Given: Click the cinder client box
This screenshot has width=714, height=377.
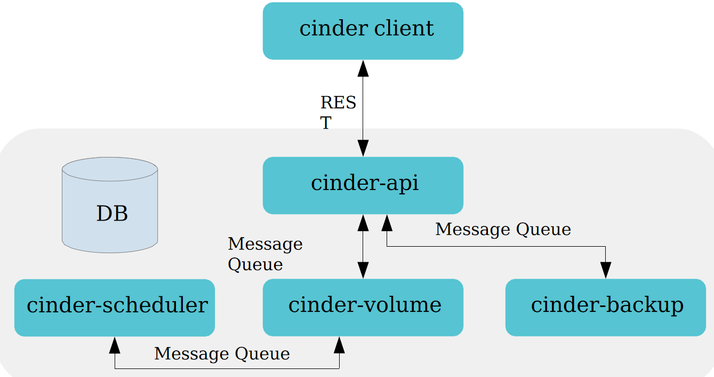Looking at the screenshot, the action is (363, 31).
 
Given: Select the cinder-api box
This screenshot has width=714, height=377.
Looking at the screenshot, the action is (363, 185).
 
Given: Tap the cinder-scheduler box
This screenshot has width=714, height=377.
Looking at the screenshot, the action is (115, 308).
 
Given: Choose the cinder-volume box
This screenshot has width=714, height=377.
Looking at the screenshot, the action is (363, 308).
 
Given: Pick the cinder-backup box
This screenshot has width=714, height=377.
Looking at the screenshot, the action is (606, 308).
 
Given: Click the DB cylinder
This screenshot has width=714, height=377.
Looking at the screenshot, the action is (110, 205).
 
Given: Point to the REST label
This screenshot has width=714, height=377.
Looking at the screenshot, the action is (338, 112).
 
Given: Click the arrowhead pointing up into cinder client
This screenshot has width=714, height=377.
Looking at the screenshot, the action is (363, 68).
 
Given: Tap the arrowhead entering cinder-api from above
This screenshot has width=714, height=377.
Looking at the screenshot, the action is (363, 148).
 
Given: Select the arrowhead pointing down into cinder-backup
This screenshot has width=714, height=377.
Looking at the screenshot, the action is (606, 270).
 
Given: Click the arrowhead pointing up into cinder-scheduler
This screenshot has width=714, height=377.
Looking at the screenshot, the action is (115, 345).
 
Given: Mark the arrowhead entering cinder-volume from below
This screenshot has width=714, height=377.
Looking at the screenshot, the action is (339, 345).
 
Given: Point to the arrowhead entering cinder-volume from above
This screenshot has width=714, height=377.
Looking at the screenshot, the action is (363, 270).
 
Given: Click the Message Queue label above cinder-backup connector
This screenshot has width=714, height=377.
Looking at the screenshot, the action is (503, 230).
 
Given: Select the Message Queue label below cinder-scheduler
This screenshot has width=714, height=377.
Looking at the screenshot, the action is (222, 354).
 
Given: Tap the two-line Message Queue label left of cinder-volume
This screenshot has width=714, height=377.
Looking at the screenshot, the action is (265, 254).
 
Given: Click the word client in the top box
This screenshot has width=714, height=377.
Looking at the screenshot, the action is (404, 28).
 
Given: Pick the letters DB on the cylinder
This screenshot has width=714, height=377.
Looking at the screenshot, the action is (112, 213).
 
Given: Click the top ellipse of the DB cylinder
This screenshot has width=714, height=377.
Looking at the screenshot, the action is (110, 169).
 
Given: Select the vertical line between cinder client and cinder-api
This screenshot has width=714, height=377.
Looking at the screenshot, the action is (363, 108).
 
